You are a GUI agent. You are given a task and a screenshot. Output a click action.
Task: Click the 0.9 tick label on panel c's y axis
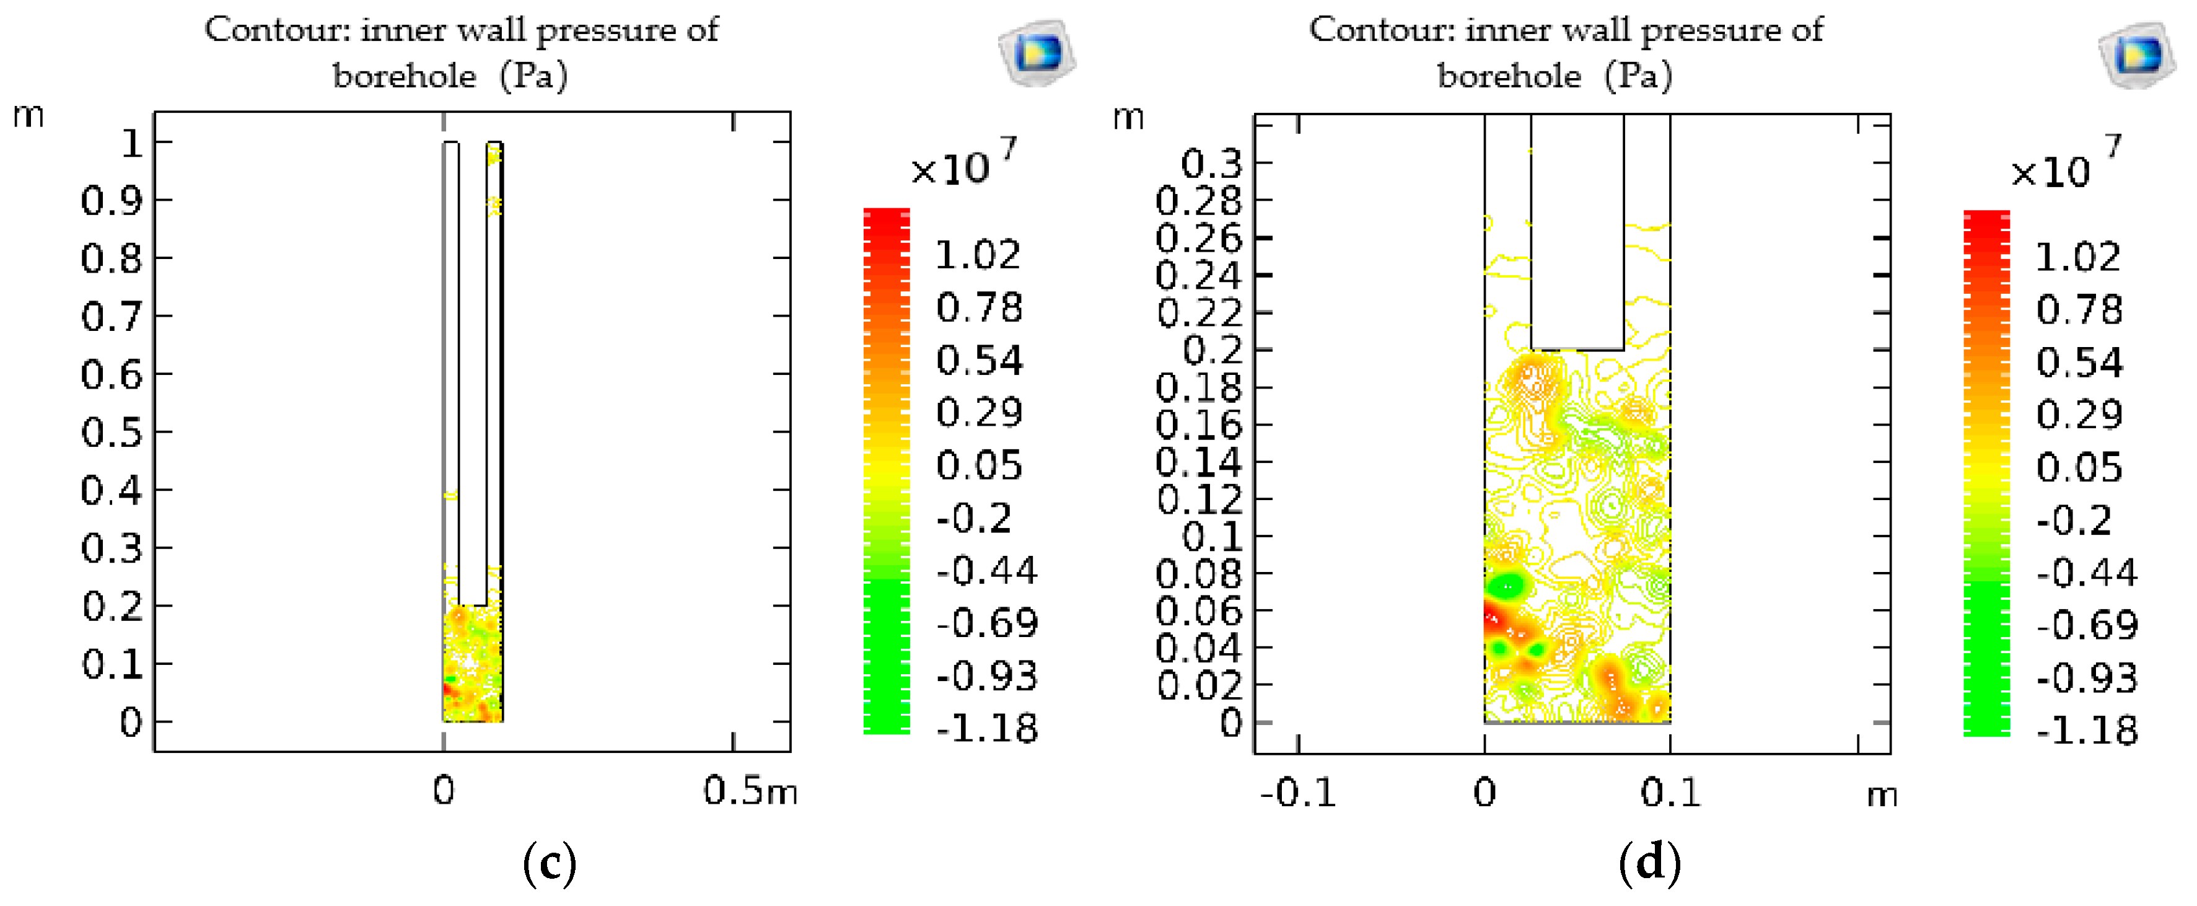113,201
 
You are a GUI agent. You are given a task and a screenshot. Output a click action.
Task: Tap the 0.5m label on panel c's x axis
750,792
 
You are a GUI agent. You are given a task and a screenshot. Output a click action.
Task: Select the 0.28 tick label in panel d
1198,201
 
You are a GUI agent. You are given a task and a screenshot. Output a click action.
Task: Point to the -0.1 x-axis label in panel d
1297,793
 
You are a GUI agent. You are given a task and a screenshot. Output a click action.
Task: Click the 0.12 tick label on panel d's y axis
1198,500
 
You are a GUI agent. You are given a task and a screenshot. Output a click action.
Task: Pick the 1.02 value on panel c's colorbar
978,255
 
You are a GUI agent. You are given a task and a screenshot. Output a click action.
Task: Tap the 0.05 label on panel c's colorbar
978,466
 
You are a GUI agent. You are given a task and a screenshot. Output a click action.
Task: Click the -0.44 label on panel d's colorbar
2086,573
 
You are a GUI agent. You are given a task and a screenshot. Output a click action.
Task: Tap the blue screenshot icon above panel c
1037,53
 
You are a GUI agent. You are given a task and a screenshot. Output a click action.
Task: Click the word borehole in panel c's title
404,77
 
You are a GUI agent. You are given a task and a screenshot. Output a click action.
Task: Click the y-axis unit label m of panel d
1128,117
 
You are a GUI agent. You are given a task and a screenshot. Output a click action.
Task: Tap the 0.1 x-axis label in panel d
1669,793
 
